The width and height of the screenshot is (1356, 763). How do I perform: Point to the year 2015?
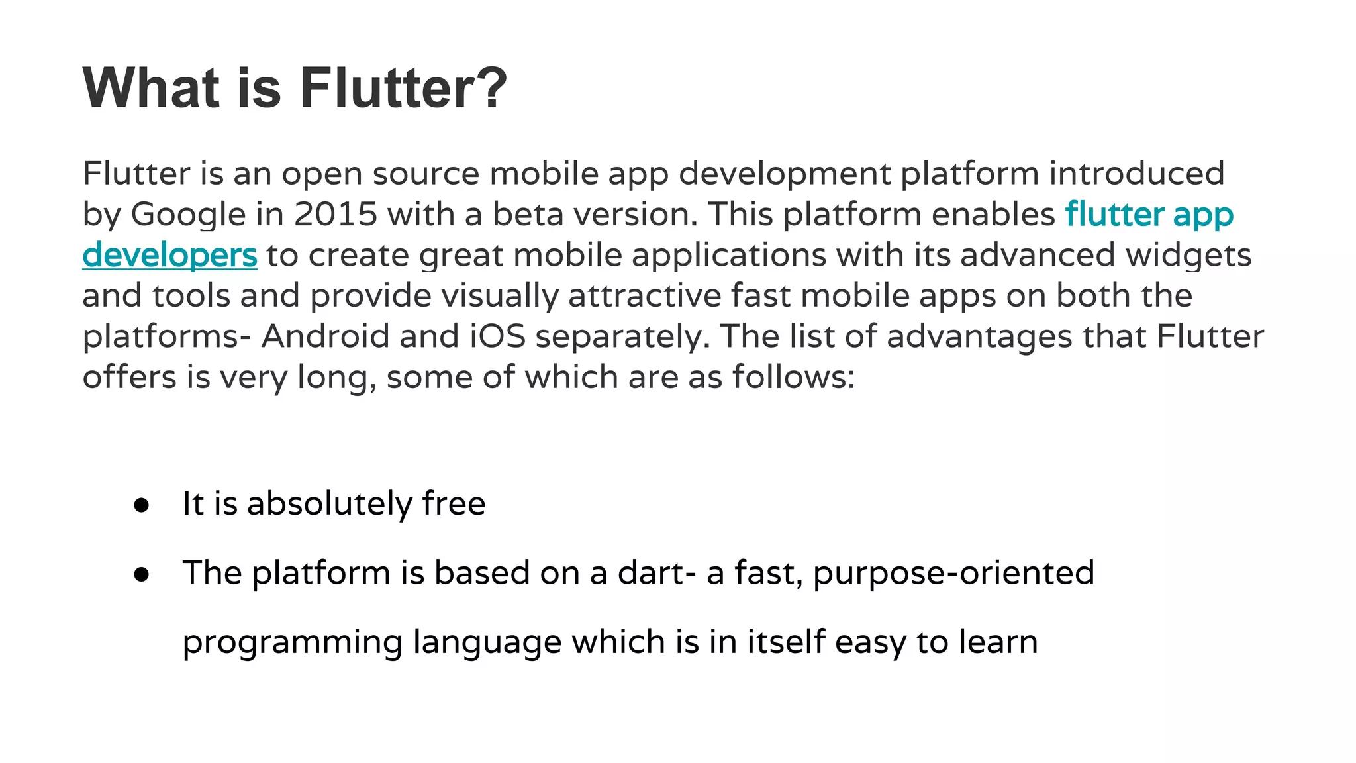336,214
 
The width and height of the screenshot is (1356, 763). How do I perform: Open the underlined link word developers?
169,256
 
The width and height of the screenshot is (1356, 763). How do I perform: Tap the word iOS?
498,336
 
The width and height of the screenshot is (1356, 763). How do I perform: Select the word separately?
622,338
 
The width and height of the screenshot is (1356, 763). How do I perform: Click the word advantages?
979,336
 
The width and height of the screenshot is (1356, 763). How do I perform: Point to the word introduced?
1137,174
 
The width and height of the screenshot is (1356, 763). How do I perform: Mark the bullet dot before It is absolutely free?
141,505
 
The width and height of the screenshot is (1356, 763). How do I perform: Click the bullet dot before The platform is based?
141,574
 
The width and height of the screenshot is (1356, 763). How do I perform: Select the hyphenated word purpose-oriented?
953,574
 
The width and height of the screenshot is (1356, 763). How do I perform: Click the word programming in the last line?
293,643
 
